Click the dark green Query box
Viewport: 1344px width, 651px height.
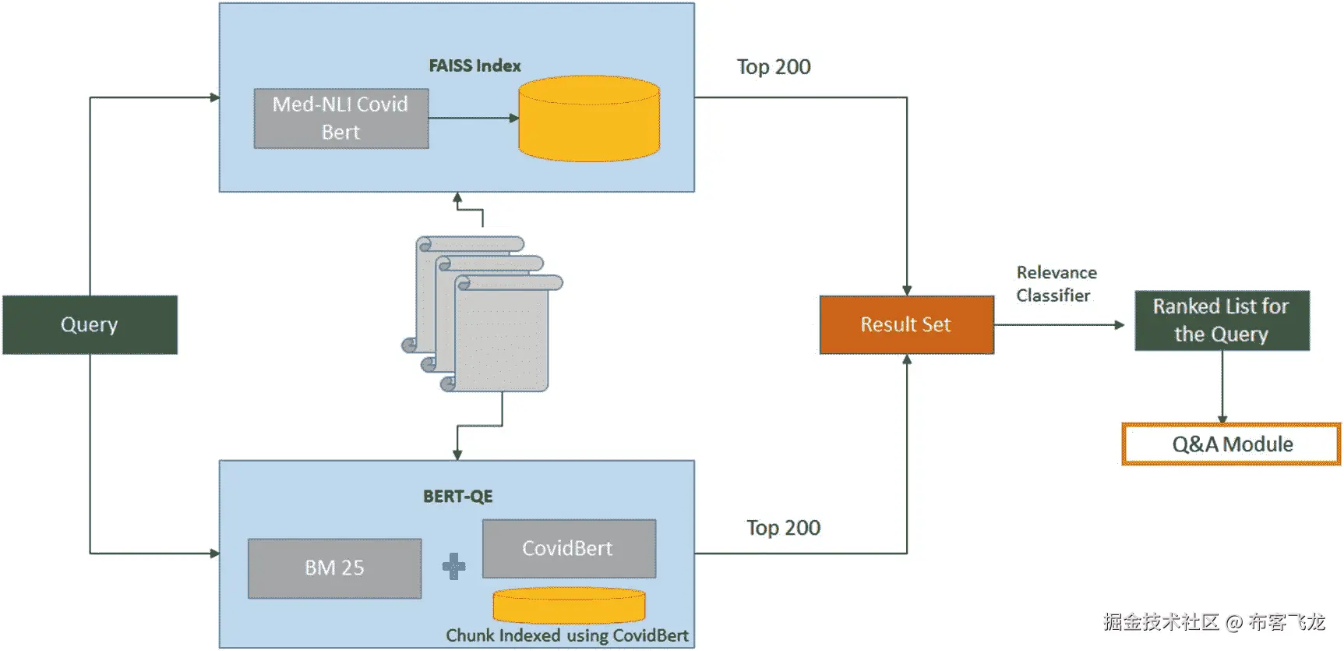pyautogui.click(x=90, y=324)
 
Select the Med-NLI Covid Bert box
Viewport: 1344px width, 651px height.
pyautogui.click(x=340, y=119)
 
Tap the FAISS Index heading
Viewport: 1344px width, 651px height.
pyautogui.click(x=474, y=66)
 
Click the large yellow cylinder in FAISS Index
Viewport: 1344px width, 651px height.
pyautogui.click(x=589, y=119)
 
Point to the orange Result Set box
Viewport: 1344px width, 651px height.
pyautogui.click(x=906, y=324)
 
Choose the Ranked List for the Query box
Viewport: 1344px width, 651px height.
pyautogui.click(x=1221, y=320)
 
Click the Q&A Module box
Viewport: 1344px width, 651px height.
pyautogui.click(x=1231, y=444)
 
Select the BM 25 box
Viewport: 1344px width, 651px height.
pyautogui.click(x=334, y=568)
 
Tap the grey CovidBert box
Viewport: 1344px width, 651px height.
pyautogui.click(x=568, y=549)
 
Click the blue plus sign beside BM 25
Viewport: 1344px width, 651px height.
pyautogui.click(x=453, y=566)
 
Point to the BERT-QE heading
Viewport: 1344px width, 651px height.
pyautogui.click(x=457, y=497)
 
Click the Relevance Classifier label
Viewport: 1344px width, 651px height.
pyautogui.click(x=1056, y=284)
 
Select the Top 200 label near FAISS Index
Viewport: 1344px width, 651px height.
pyautogui.click(x=774, y=67)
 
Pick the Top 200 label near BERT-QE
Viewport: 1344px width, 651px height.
pyautogui.click(x=783, y=528)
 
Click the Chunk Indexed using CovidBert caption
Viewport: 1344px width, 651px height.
pyautogui.click(x=566, y=635)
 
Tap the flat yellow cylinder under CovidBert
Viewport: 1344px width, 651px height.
pyautogui.click(x=569, y=605)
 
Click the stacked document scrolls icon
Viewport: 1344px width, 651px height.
pyautogui.click(x=483, y=313)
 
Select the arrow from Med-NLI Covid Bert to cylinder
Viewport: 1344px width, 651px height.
pyautogui.click(x=472, y=119)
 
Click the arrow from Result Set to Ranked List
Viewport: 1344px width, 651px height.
pyautogui.click(x=1060, y=325)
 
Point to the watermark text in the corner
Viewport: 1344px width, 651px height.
pyautogui.click(x=1213, y=622)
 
